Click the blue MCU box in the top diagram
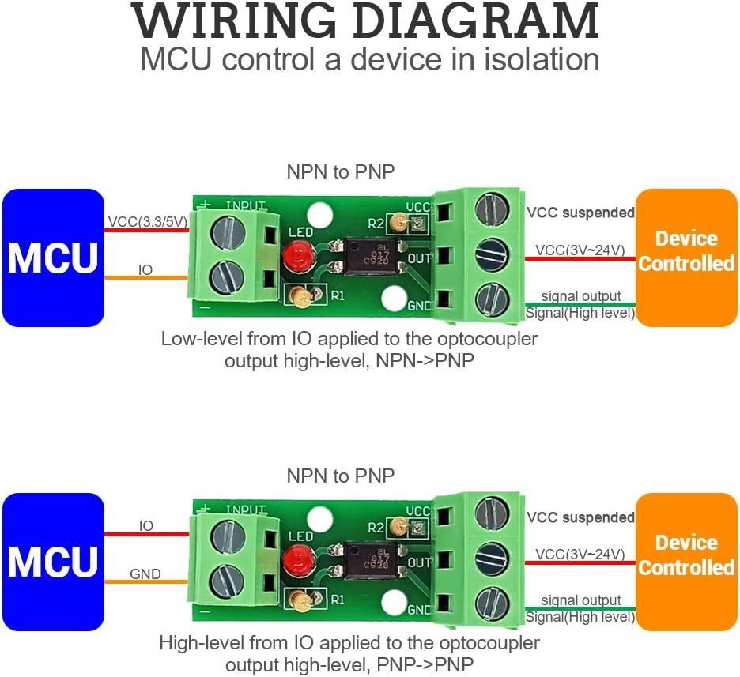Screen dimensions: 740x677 click(x=53, y=258)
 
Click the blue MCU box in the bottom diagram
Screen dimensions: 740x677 click(x=53, y=562)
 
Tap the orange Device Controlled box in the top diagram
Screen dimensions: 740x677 click(x=686, y=258)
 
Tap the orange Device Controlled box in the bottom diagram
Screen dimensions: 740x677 click(x=686, y=562)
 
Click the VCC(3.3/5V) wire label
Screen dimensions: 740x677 click(x=148, y=221)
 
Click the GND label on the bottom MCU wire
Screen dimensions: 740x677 click(x=145, y=574)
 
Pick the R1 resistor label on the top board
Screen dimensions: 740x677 click(x=338, y=295)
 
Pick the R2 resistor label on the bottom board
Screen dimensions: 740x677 click(x=376, y=528)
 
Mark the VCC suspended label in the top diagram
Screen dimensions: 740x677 click(x=580, y=213)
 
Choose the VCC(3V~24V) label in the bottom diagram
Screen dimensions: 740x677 click(x=580, y=554)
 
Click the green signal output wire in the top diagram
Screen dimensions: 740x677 click(x=580, y=305)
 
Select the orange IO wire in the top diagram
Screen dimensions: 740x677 click(x=146, y=278)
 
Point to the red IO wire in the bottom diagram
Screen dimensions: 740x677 click(x=146, y=535)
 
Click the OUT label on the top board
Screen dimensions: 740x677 click(x=419, y=258)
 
